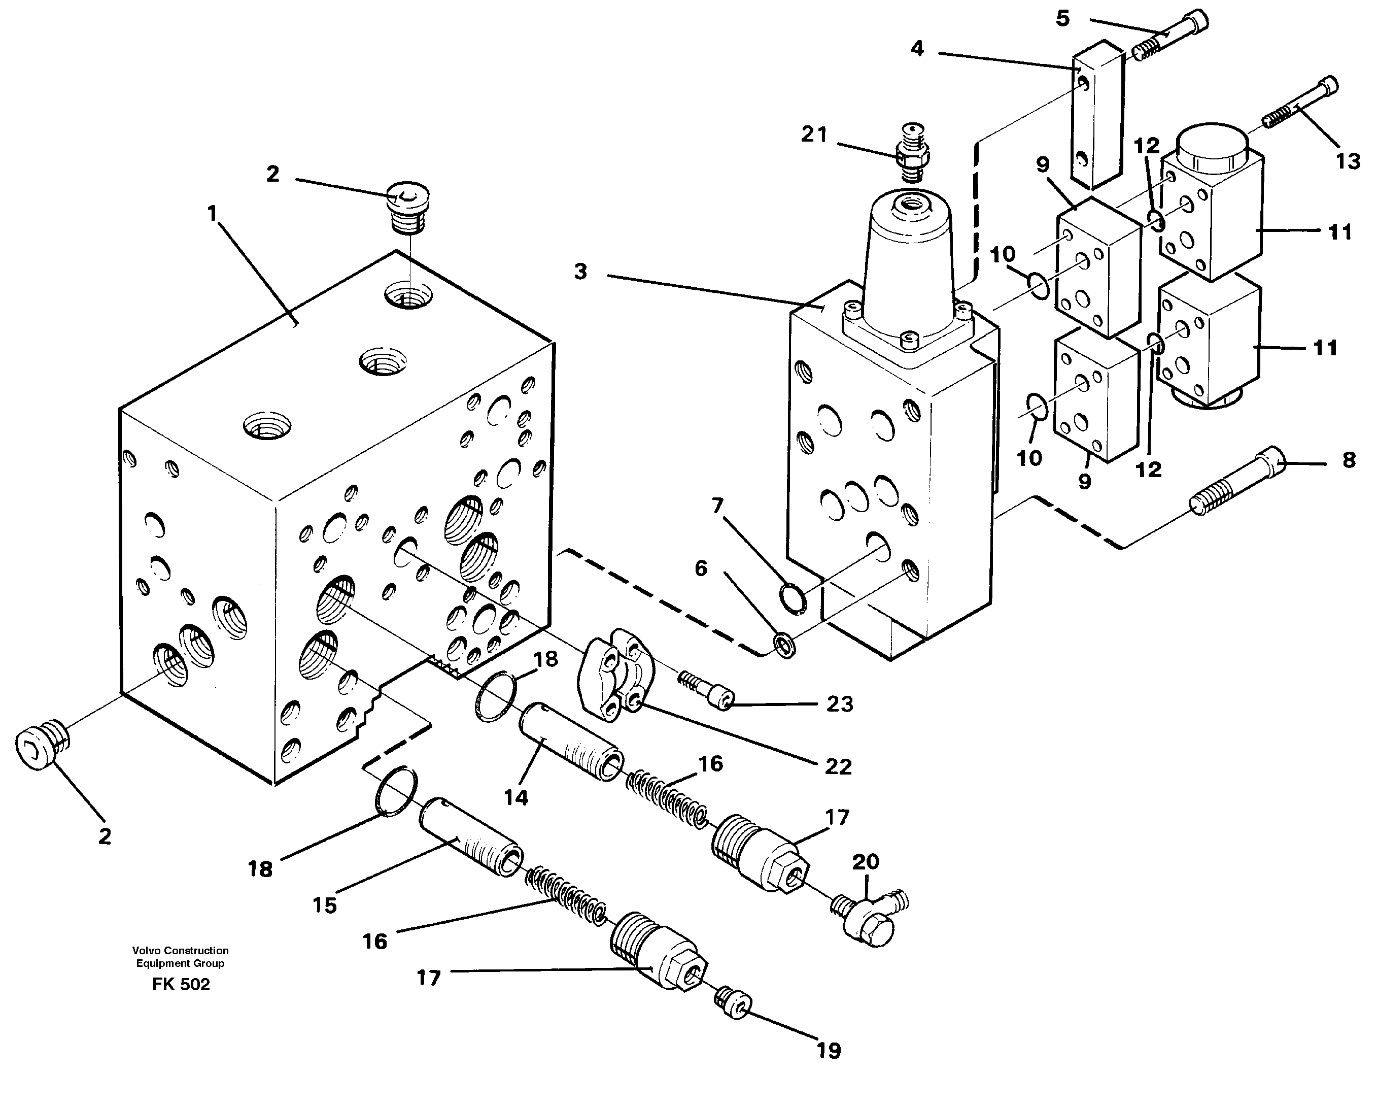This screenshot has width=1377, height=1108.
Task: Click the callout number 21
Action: point(814,135)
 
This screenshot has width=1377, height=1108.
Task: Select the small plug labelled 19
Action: point(733,1003)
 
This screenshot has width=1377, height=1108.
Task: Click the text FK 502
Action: point(181,985)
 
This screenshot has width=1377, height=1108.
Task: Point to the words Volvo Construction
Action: point(180,951)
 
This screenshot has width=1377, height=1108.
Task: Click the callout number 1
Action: point(213,213)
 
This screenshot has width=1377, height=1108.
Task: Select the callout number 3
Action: point(580,272)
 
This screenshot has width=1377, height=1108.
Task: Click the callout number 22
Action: point(838,766)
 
